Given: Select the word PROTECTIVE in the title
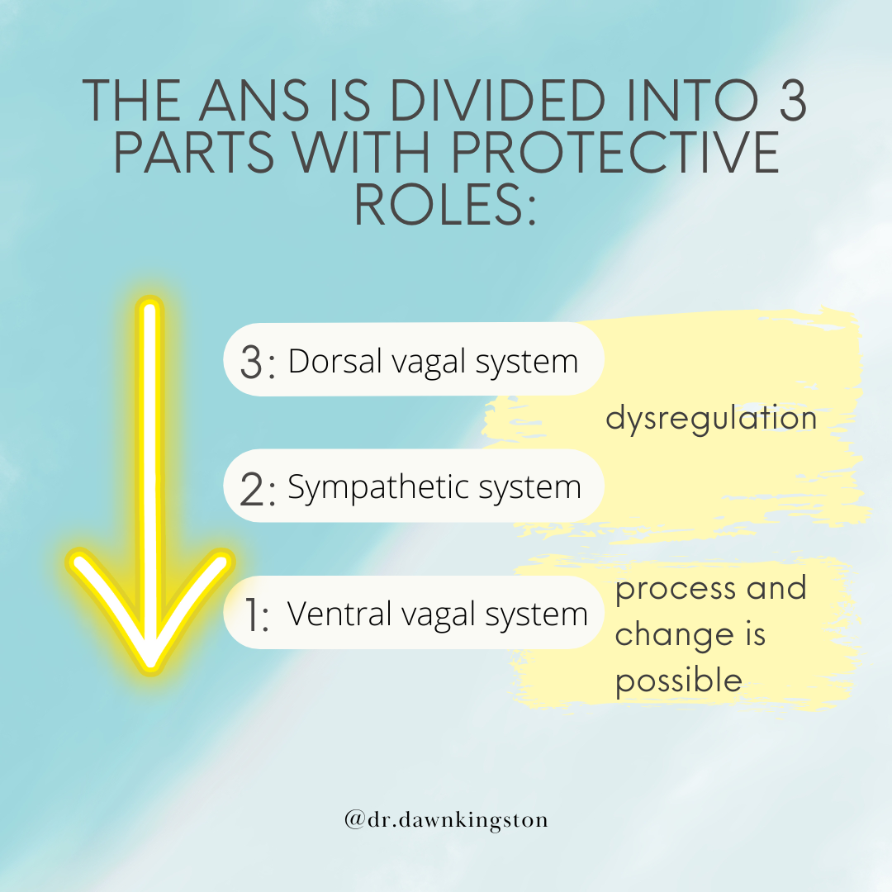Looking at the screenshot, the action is pos(614,152).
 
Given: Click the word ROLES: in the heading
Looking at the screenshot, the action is pos(445,204).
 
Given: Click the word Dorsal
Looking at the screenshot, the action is pos(335,361).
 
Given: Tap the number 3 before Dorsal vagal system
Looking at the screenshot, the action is pos(251,363).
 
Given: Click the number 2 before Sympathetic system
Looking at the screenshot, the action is pos(251,489).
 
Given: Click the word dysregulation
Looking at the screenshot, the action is pos(711,419).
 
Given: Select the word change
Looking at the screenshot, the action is pos(675,635).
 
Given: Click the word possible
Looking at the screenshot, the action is pos(679,681).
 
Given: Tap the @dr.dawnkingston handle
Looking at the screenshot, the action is pos(446,820).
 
